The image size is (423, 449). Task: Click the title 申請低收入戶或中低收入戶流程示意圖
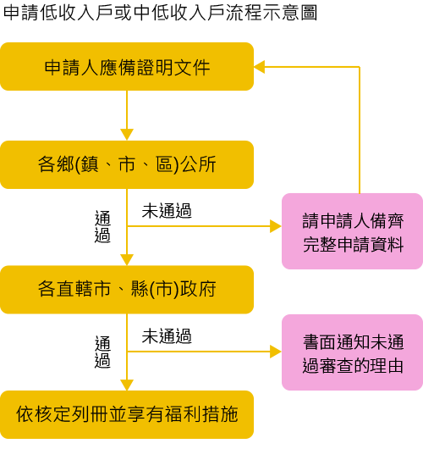(x=161, y=13)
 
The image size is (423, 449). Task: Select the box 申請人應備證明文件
(x=127, y=67)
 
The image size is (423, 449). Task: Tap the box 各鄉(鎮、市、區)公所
(x=127, y=164)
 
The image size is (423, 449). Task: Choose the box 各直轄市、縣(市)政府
(x=127, y=290)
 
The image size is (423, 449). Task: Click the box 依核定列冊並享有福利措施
(x=127, y=414)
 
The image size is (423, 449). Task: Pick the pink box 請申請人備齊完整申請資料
(x=352, y=231)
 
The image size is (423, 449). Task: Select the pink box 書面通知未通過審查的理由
(x=352, y=352)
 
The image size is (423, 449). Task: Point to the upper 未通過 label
(x=167, y=211)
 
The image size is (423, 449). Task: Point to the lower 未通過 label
(x=167, y=335)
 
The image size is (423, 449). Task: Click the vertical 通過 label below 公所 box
(x=102, y=227)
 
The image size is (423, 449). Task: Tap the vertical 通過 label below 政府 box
(x=102, y=352)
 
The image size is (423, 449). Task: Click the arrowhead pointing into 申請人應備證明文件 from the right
(x=260, y=67)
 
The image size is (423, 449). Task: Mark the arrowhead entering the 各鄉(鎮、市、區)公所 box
(x=127, y=135)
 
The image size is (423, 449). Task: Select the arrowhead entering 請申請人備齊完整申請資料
(x=276, y=226)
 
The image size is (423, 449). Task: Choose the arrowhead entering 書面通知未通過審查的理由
(x=276, y=352)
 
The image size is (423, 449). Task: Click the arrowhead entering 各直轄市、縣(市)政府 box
(x=127, y=260)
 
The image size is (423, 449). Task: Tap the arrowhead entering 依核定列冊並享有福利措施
(x=127, y=385)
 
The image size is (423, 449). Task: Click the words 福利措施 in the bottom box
(x=201, y=414)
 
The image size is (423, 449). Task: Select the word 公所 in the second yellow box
(x=199, y=164)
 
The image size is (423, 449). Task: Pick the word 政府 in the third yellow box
(x=199, y=289)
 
